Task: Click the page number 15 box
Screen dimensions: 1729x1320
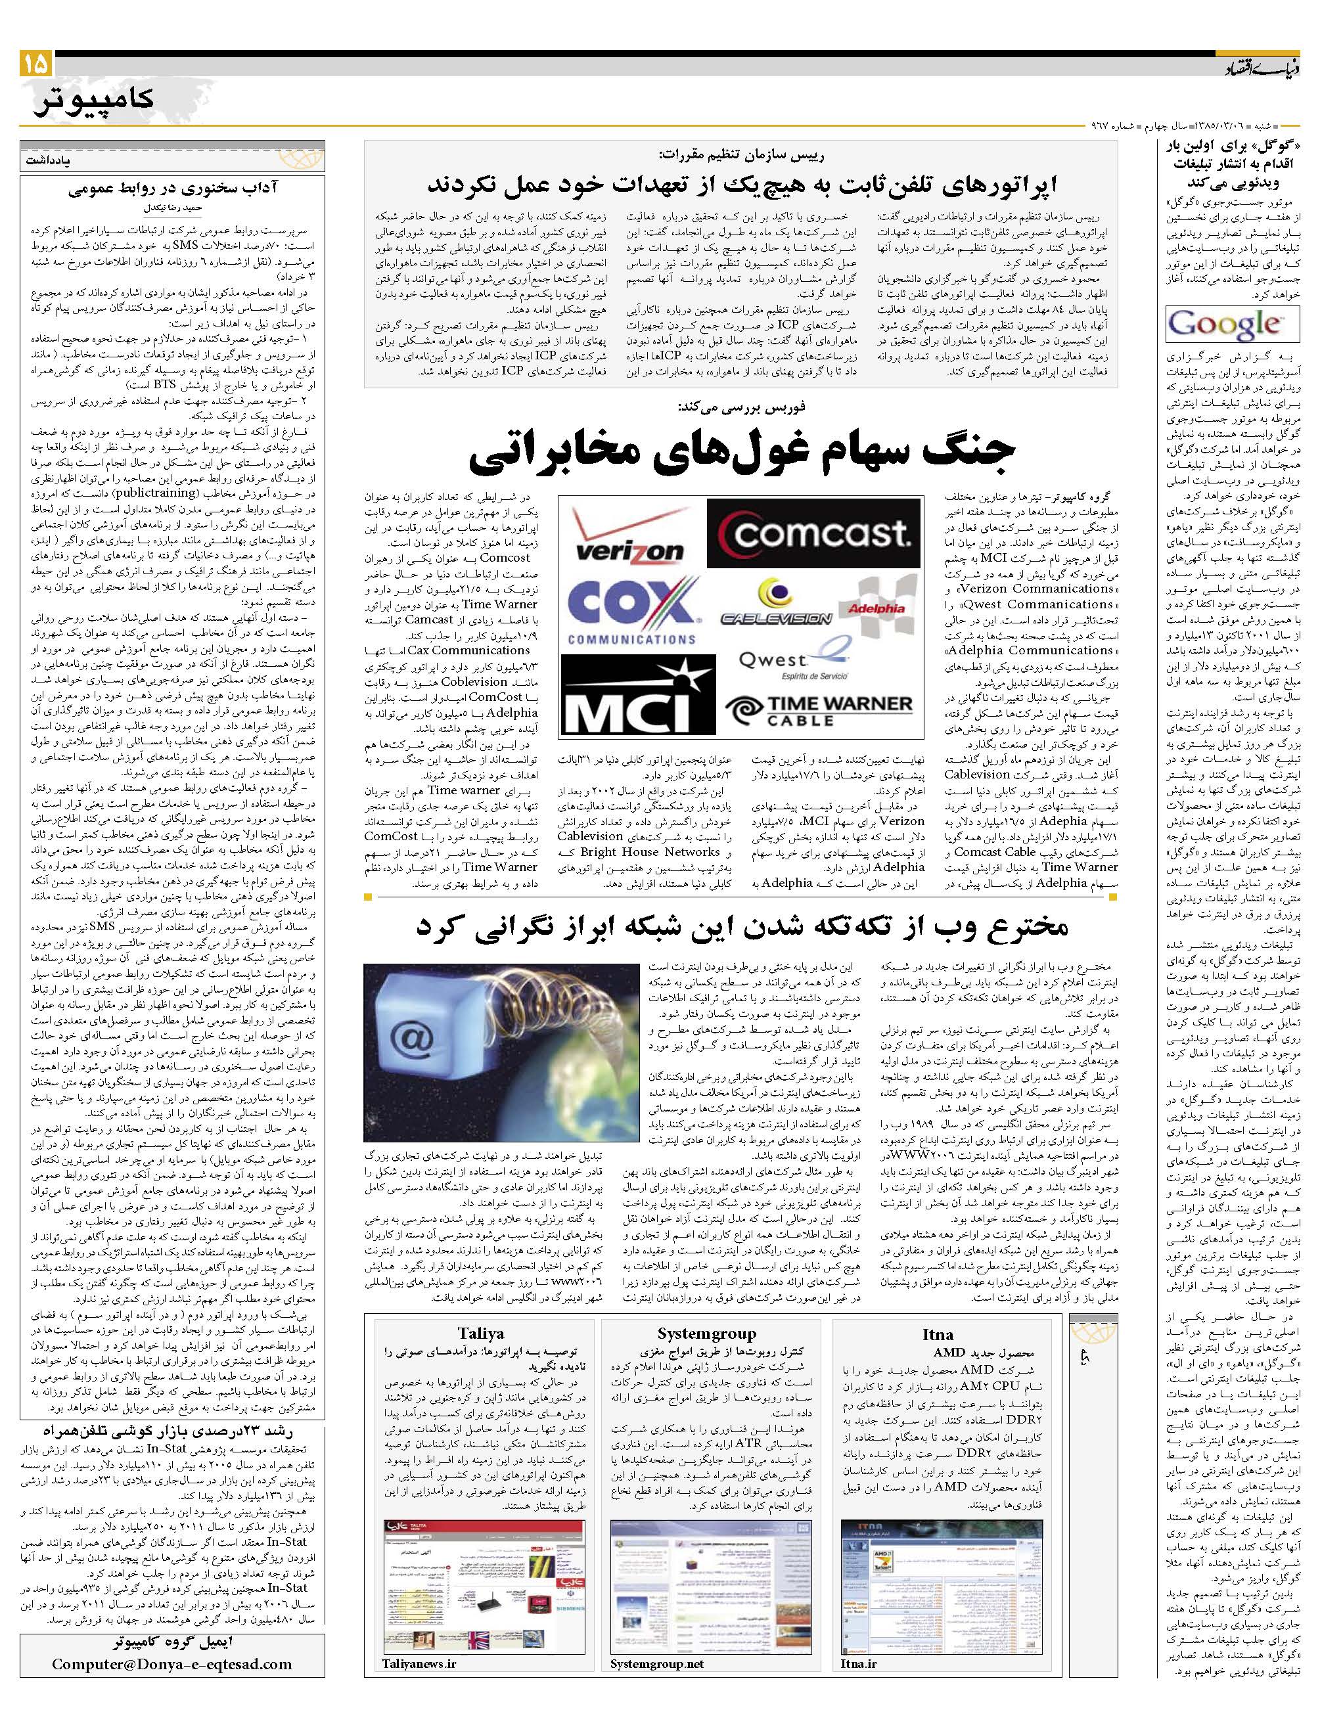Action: (35, 64)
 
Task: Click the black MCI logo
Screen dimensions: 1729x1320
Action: (629, 695)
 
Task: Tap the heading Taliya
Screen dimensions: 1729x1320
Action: (480, 1333)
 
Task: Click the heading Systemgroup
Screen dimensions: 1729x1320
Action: (706, 1333)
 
